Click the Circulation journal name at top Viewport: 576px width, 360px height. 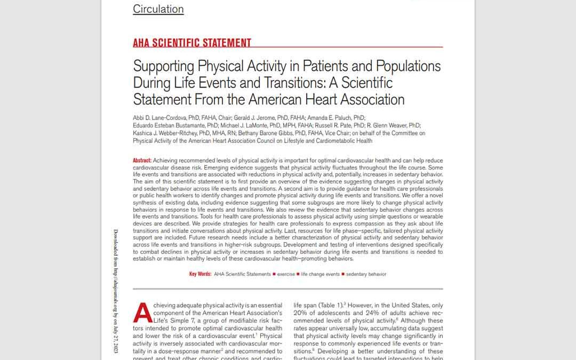point(158,9)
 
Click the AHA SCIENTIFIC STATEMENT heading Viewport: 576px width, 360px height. point(192,43)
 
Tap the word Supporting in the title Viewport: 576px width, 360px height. point(164,66)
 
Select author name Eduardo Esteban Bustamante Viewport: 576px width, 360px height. point(166,125)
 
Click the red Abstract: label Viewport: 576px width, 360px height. point(142,161)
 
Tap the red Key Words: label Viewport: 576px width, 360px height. point(200,274)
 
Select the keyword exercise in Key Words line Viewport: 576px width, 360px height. point(286,274)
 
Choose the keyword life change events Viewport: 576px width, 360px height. point(320,274)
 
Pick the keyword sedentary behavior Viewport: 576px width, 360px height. point(366,274)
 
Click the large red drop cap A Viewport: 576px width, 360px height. point(142,313)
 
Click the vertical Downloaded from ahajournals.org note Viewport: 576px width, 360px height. point(116,291)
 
